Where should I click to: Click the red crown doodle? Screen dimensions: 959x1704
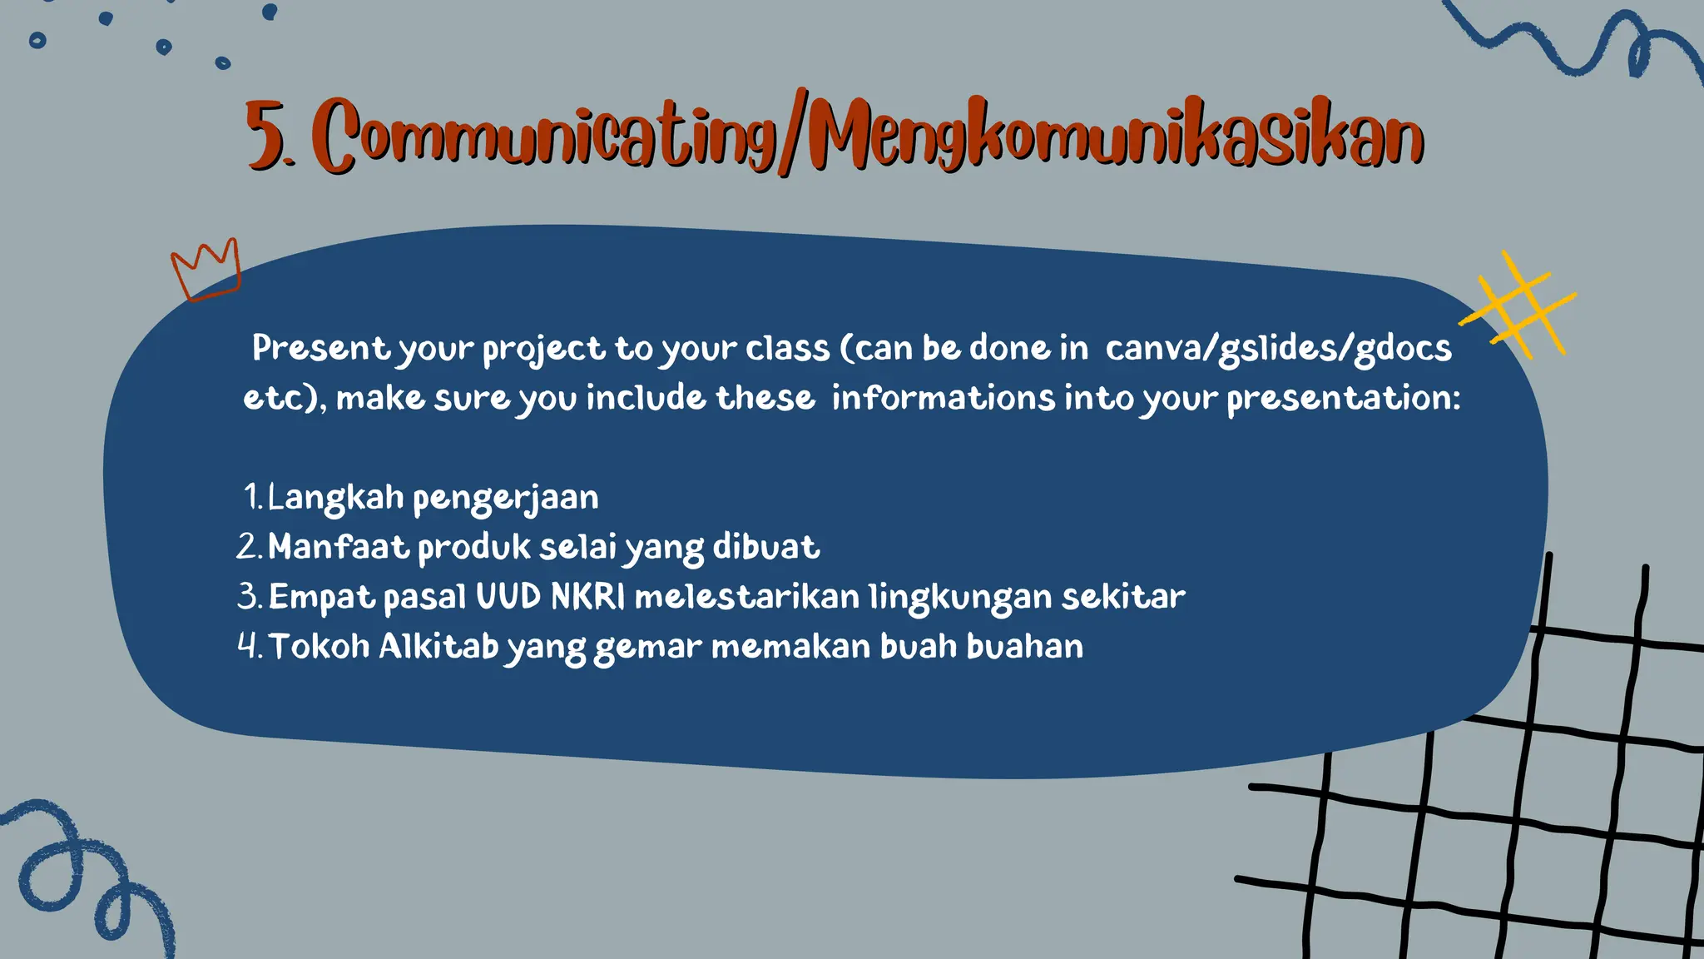pyautogui.click(x=206, y=270)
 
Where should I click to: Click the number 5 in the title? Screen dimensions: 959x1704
pyautogui.click(x=265, y=136)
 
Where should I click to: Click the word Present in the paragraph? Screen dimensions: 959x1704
pyautogui.click(x=320, y=348)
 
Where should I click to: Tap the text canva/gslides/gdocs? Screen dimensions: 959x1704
pyautogui.click(x=1278, y=348)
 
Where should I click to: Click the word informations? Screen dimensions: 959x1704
pyautogui.click(x=943, y=397)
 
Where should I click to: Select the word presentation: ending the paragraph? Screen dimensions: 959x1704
pyautogui.click(x=1343, y=397)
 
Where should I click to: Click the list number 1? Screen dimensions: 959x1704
pyautogui.click(x=252, y=497)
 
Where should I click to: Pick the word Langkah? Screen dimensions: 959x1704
pyautogui.click(x=335, y=497)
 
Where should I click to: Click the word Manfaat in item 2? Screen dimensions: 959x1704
pyautogui.click(x=338, y=547)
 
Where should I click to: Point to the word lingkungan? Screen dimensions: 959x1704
pyautogui.click(x=958, y=597)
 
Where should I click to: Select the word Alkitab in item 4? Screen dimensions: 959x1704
pyautogui.click(x=438, y=647)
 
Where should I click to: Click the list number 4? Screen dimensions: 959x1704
pyautogui.click(x=248, y=647)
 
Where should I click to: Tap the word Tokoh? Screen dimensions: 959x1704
pyautogui.click(x=319, y=647)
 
